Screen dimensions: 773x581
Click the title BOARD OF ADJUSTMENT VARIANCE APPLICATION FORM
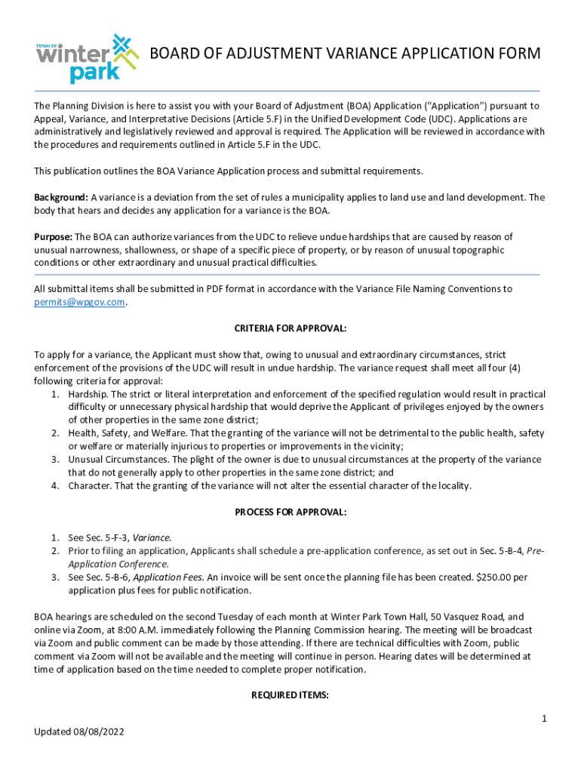345,54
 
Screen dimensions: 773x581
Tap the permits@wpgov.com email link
79,302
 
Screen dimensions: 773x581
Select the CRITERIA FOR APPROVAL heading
290,328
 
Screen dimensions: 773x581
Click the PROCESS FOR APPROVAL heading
290,512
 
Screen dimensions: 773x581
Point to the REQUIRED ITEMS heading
290,696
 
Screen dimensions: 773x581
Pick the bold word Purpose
52,236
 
